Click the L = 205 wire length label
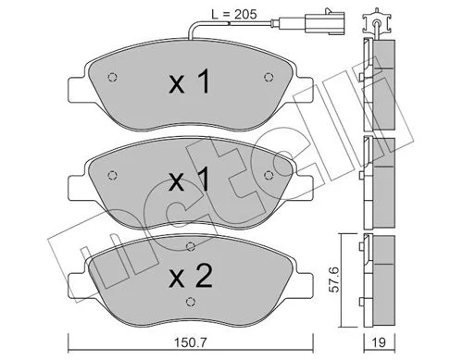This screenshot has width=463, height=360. (234, 14)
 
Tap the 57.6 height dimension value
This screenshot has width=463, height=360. (333, 279)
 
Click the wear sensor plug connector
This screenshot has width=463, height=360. (324, 22)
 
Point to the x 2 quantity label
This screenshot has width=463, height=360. (191, 277)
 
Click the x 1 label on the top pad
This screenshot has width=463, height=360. (189, 81)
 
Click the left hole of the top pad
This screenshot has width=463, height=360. (112, 77)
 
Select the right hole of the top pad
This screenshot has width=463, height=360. (269, 77)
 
